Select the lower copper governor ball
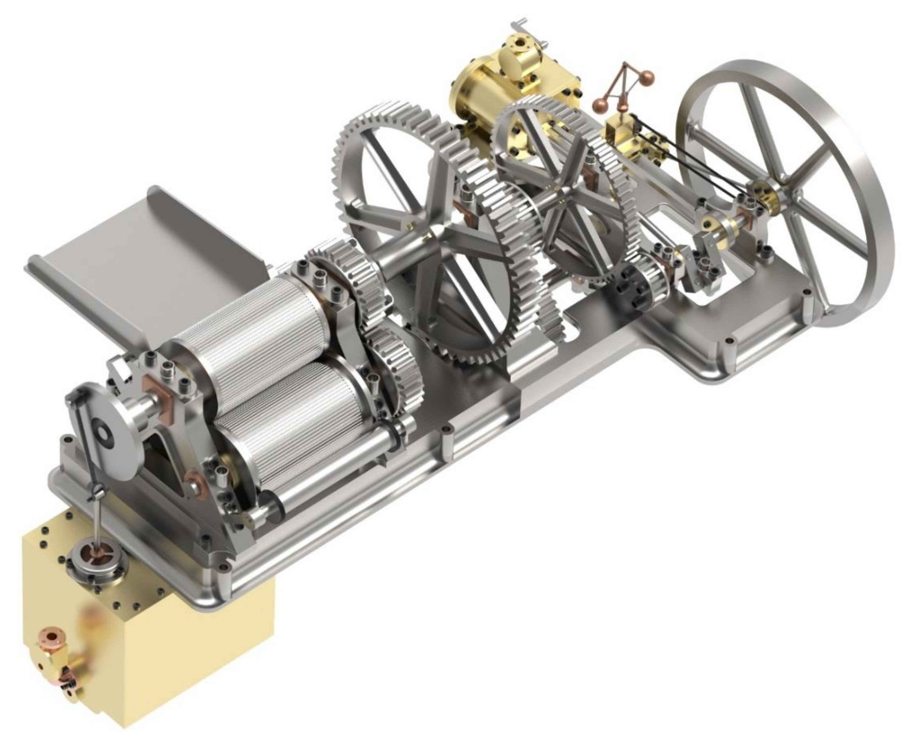coord(601,105)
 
